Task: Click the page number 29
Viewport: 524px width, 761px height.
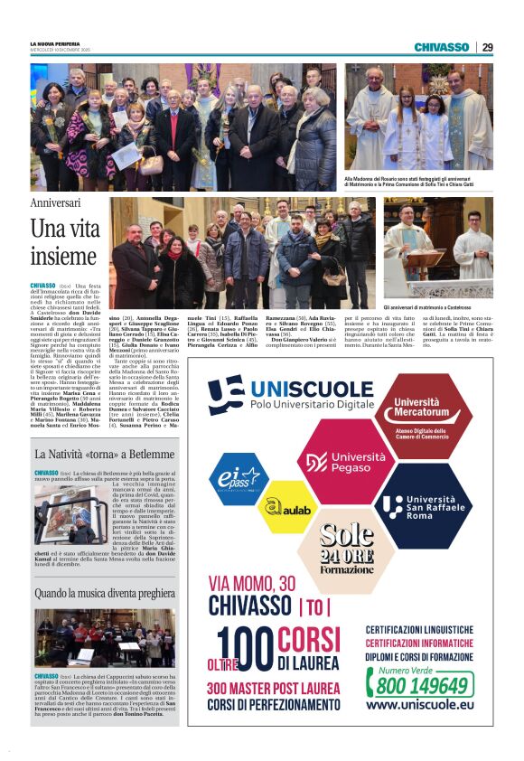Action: pyautogui.click(x=487, y=47)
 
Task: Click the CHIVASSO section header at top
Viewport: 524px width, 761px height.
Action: pyautogui.click(x=441, y=47)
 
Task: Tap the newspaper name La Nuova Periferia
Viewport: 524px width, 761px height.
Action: pyautogui.click(x=56, y=43)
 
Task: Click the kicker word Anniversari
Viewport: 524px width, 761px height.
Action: pyautogui.click(x=55, y=202)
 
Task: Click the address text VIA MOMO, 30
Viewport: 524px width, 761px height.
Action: pyautogui.click(x=252, y=583)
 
